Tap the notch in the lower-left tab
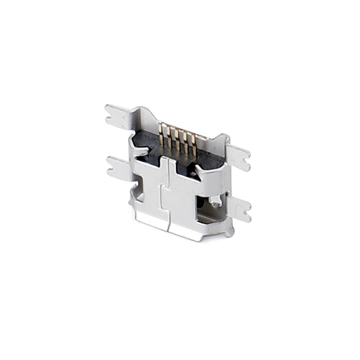tap(111, 167)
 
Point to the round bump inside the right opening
tap(216, 202)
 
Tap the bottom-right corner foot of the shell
tap(229, 233)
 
